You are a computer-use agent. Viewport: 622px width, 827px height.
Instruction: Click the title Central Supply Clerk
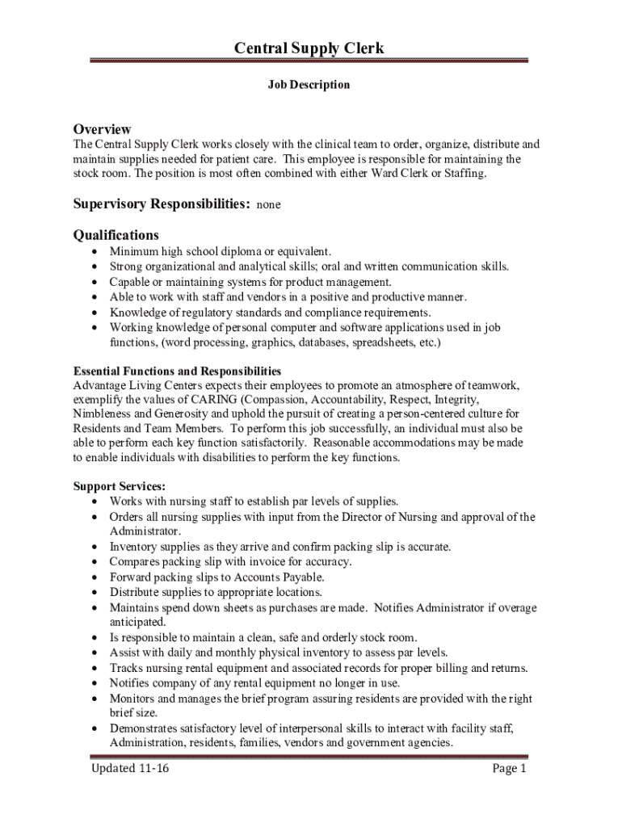(309, 48)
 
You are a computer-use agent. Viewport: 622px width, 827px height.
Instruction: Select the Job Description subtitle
(309, 85)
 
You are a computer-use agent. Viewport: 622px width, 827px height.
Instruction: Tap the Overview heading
(102, 129)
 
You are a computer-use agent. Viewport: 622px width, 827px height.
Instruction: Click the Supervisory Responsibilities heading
(161, 204)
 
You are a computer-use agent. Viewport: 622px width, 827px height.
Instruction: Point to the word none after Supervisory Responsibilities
(268, 206)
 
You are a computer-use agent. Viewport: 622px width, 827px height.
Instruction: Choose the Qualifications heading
(116, 235)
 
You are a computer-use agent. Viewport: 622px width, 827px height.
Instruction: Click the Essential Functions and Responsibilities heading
(177, 372)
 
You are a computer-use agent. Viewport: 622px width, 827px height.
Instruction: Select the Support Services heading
(120, 486)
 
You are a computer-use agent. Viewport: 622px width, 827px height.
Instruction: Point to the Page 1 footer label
(509, 768)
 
